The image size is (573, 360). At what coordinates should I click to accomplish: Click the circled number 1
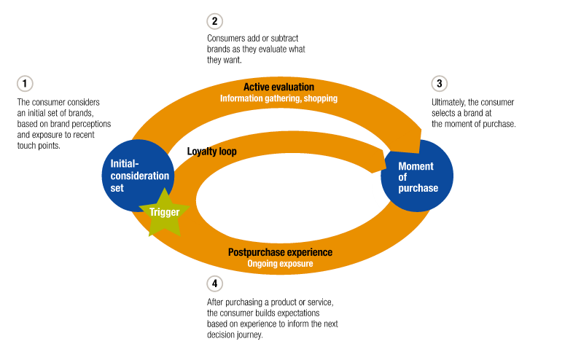[25, 84]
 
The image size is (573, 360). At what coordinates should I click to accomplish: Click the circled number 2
[214, 20]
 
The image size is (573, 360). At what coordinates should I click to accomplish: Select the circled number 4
[214, 283]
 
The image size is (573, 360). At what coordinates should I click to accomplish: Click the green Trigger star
[164, 212]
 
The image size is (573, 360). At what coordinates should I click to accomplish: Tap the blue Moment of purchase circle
[418, 177]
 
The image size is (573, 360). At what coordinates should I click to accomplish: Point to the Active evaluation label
[278, 87]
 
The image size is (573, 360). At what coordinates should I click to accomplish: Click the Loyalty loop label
[212, 152]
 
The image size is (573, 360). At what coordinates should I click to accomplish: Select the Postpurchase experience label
[280, 252]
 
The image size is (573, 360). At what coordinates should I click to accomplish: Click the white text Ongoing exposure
[280, 264]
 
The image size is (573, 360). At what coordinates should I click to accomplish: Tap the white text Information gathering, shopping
[280, 98]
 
